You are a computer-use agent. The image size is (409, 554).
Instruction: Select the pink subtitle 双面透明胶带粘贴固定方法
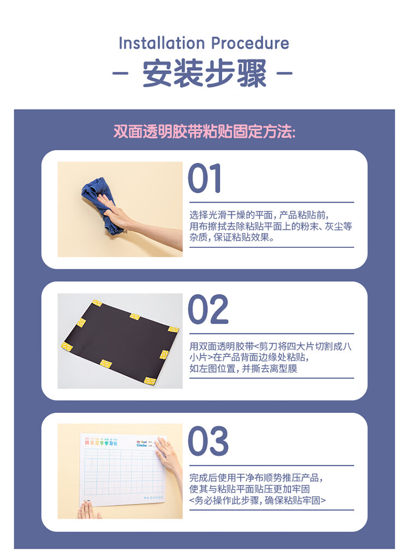pos(204,132)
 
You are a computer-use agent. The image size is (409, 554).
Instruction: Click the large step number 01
pos(205,179)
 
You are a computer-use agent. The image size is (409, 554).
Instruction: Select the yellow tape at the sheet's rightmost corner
pos(173,329)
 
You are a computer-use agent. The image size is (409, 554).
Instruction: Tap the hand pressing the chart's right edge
pos(169,455)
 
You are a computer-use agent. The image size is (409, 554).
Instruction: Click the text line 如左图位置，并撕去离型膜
pos(243,369)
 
